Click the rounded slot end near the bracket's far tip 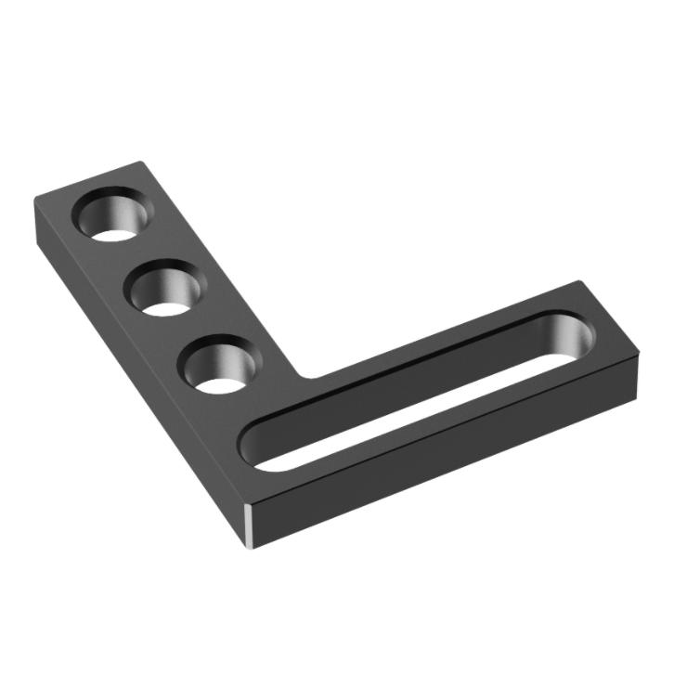(x=568, y=337)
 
